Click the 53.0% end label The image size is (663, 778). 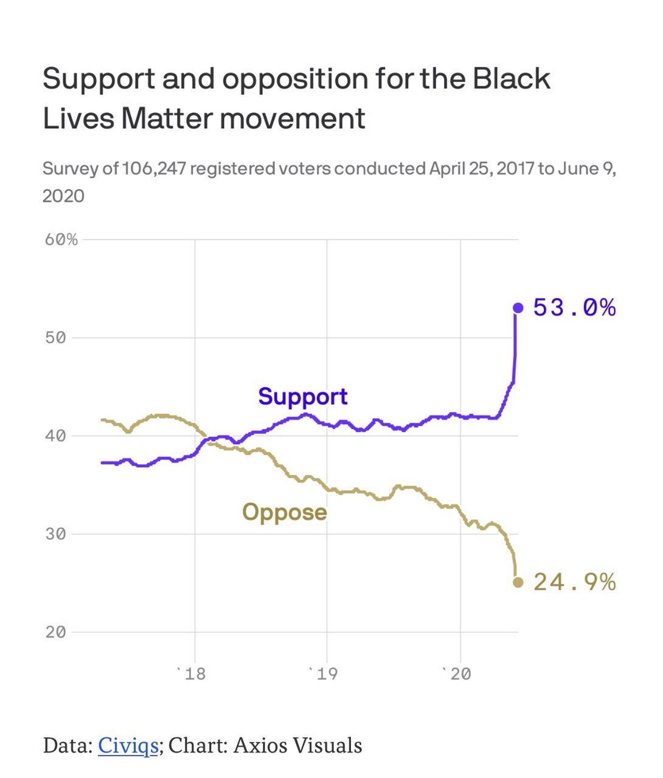coord(574,308)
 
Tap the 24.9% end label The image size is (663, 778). coord(574,582)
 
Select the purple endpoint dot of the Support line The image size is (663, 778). coord(518,308)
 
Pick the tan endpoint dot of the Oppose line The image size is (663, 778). coord(518,582)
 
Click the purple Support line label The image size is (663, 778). coord(302,396)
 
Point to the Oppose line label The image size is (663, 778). coord(284,512)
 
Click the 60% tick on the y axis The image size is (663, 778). coord(61,239)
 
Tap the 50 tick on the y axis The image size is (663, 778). coord(55,338)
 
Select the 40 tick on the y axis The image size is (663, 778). coord(55,436)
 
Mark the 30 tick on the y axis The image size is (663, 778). coord(55,534)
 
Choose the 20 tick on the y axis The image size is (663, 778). coord(55,632)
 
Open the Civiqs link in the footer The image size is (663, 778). coord(128,745)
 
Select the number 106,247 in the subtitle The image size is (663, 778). coord(153,168)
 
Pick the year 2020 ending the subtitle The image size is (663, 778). coord(63,196)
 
